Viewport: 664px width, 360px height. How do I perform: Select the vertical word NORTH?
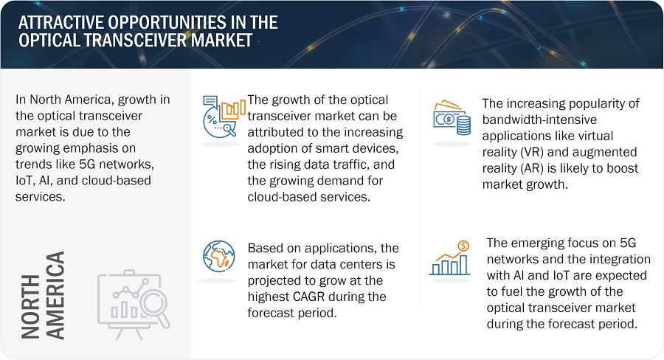[30, 306]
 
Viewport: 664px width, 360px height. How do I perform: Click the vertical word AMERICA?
[55, 295]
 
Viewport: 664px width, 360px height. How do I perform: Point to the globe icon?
[218, 256]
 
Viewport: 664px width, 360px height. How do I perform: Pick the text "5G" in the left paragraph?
[88, 164]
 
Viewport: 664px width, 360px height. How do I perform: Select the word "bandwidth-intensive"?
[539, 120]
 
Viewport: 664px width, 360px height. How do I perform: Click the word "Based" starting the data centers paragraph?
[265, 248]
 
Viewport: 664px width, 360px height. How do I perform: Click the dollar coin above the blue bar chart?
[463, 246]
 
